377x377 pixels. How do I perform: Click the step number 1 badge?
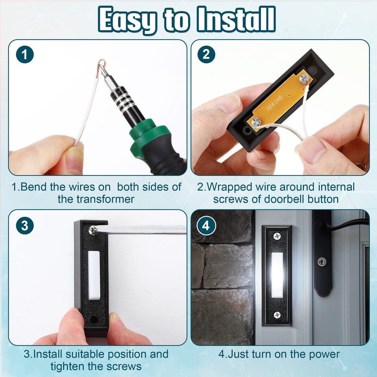[x=25, y=55]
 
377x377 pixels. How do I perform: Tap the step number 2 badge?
[x=206, y=55]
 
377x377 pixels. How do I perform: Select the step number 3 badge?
[x=25, y=226]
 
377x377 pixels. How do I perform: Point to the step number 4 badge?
[x=206, y=226]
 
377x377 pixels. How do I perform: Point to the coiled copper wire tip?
[x=102, y=66]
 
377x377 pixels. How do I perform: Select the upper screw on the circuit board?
[x=304, y=79]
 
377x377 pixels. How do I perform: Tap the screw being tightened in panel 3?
[x=93, y=229]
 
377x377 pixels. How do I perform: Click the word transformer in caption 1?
[x=96, y=199]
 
